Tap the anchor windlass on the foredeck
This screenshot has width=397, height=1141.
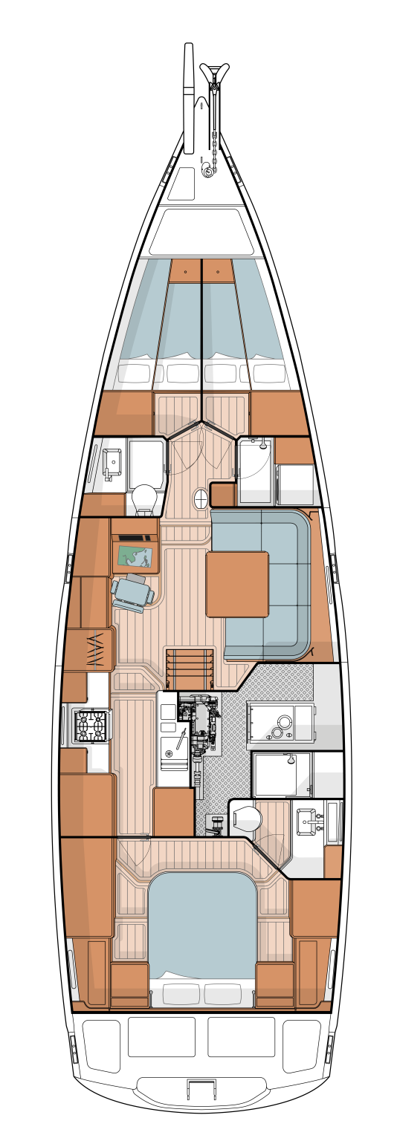pyautogui.click(x=207, y=172)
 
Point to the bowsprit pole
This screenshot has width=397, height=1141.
pyautogui.click(x=189, y=97)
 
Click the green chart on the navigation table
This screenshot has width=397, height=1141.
pyautogui.click(x=135, y=556)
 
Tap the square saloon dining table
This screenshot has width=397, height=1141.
pyautogui.click(x=237, y=584)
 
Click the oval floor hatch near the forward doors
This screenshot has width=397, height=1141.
pyautogui.click(x=201, y=500)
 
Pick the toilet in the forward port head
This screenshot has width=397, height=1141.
pyautogui.click(x=145, y=500)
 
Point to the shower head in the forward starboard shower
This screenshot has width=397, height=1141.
pyautogui.click(x=262, y=445)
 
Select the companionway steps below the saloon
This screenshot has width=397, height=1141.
pyautogui.click(x=190, y=669)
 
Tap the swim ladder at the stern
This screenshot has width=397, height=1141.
pyautogui.click(x=201, y=1090)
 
